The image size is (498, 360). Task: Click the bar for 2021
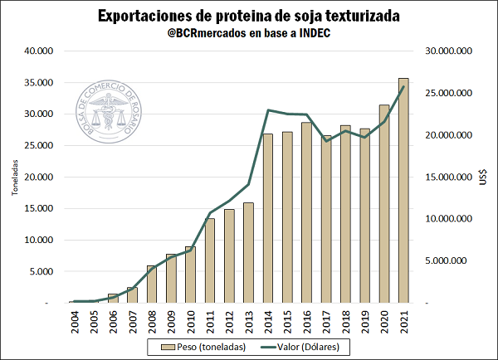403,191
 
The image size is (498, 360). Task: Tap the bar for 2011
210,260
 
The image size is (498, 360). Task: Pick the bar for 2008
152,284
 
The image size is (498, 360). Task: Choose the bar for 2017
325,219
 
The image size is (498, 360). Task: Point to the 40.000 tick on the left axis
38,51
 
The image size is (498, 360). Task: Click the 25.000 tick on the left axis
38,145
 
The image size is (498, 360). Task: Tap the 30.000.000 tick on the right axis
447,51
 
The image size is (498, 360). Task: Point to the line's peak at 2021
403,86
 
